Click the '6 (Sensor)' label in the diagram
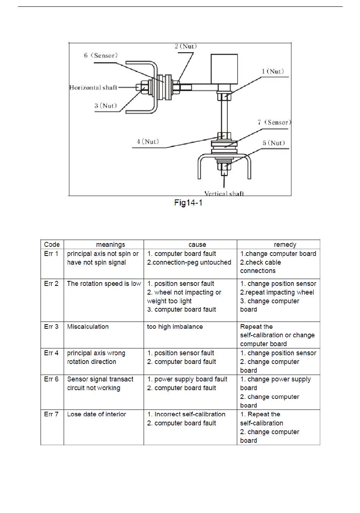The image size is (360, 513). [101, 55]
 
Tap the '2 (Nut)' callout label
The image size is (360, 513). [186, 46]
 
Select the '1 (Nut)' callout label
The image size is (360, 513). [273, 71]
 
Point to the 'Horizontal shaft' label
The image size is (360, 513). [93, 88]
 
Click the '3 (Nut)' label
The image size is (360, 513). [106, 106]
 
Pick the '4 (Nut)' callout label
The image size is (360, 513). [148, 141]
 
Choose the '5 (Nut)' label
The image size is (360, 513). [274, 143]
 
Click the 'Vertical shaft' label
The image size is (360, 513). [224, 193]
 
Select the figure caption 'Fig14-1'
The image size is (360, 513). [188, 203]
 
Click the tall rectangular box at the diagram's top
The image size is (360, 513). [224, 69]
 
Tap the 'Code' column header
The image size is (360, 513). [52, 245]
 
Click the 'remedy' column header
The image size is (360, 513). [285, 245]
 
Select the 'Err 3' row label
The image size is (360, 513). [51, 326]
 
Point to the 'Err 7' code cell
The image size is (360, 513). [51, 414]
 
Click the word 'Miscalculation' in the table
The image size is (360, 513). [88, 326]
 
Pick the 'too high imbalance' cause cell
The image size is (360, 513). [175, 326]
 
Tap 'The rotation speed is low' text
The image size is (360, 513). [104, 284]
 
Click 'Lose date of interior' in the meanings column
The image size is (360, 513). [97, 414]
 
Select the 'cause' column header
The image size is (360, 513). [197, 245]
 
